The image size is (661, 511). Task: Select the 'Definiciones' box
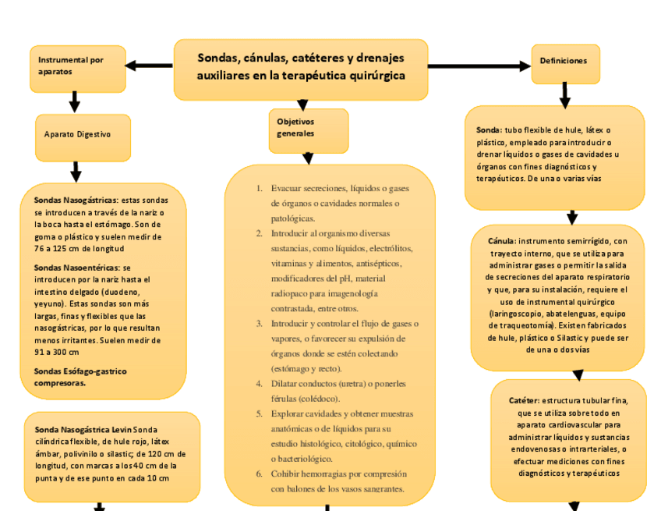(x=565, y=62)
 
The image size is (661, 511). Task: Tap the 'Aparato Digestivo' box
(x=82, y=135)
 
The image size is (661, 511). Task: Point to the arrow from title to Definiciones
(x=479, y=66)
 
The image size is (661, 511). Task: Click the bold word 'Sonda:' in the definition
(x=488, y=130)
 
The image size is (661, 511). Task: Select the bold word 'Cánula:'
(x=502, y=242)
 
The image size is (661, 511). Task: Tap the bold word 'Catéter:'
(x=524, y=400)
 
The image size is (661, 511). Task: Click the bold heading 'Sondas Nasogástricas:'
(x=76, y=200)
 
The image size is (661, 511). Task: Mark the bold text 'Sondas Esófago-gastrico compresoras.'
(x=80, y=377)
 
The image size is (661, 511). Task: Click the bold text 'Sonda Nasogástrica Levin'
(x=83, y=430)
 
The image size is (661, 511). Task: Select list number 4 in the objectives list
(x=259, y=384)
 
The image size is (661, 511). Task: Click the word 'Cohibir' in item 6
(x=286, y=474)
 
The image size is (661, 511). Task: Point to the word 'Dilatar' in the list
(x=286, y=384)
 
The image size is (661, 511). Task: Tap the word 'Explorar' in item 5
(x=288, y=413)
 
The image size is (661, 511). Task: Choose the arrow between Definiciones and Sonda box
(x=565, y=94)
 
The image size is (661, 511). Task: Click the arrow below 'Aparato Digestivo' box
(x=76, y=171)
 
